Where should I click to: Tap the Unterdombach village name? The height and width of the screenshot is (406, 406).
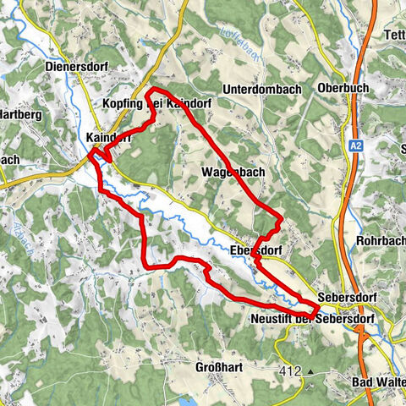[x=264, y=89]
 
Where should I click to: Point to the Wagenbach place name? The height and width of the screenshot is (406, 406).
[x=234, y=172]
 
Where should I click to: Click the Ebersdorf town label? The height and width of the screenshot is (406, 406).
[x=256, y=251]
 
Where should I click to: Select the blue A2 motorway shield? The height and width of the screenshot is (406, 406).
[x=358, y=146]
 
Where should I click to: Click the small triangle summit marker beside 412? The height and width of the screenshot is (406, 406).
[x=310, y=371]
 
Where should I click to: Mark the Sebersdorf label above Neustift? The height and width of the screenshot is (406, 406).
[x=348, y=299]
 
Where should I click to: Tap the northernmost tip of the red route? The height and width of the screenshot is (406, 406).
[x=153, y=90]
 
